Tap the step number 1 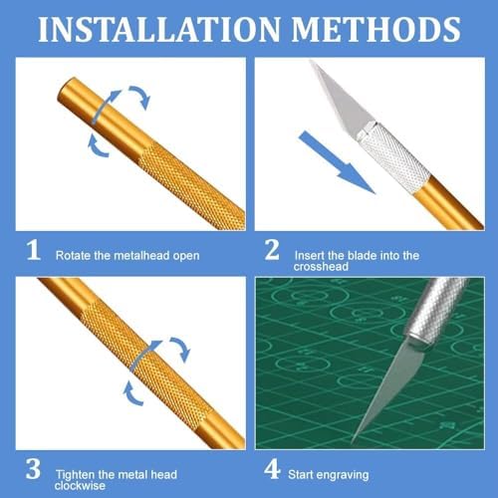pos(33,252)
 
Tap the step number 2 pos(272,252)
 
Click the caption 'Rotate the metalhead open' pos(126,256)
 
